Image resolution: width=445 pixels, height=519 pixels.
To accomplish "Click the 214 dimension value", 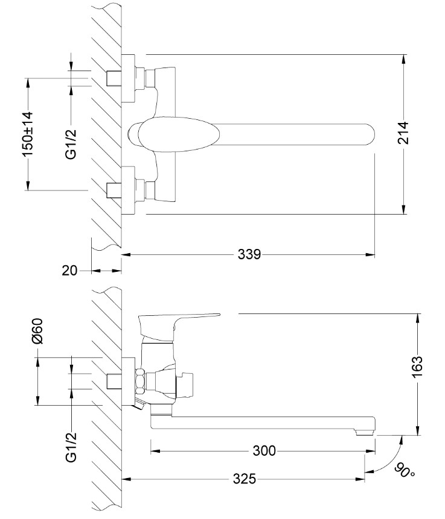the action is pyautogui.click(x=403, y=133).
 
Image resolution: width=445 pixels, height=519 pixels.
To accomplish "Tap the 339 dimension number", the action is pyautogui.click(x=249, y=254).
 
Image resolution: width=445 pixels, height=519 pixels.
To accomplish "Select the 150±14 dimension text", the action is pyautogui.click(x=28, y=134).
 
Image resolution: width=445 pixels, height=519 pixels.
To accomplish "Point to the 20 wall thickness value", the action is pyautogui.click(x=69, y=271).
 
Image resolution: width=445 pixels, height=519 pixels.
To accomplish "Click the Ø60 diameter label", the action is pyautogui.click(x=38, y=331).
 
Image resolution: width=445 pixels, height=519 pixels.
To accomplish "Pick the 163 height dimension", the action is pyautogui.click(x=417, y=366).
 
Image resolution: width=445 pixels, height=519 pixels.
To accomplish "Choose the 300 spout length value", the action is pyautogui.click(x=264, y=450).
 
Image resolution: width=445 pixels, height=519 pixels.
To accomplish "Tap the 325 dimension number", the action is pyautogui.click(x=245, y=479).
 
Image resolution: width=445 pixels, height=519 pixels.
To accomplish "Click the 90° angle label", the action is pyautogui.click(x=405, y=471).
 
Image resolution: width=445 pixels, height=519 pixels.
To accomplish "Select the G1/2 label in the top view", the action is pyautogui.click(x=71, y=143).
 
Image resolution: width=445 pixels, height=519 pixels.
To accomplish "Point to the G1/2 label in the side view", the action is pyautogui.click(x=71, y=447).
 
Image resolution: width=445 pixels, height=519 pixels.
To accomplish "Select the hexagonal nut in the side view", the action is pyautogui.click(x=140, y=382).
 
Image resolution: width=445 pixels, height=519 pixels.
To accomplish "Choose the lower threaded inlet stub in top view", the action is pyautogui.click(x=114, y=190).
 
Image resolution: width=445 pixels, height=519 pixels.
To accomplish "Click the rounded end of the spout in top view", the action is pyautogui.click(x=369, y=134).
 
